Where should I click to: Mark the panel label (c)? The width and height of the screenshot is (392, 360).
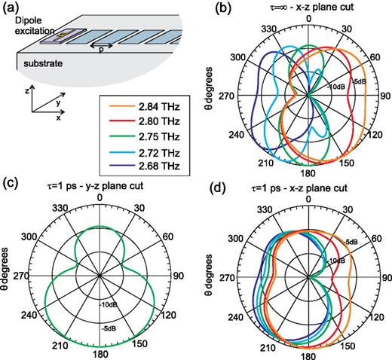point(12,183)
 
